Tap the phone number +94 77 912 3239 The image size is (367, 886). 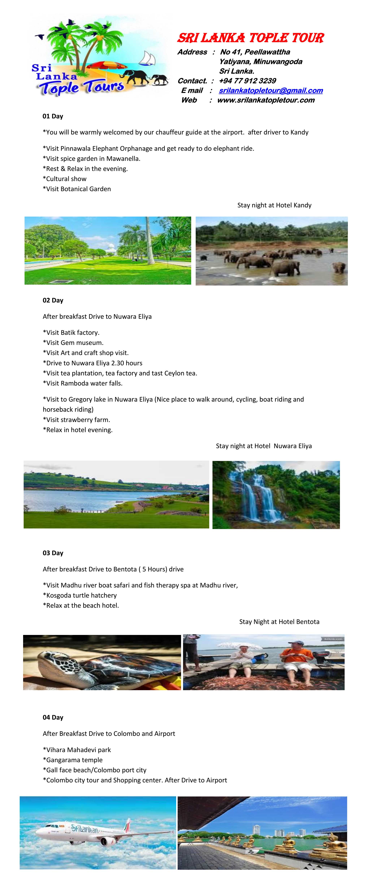coord(247,81)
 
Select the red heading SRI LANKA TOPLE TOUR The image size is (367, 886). coord(250,38)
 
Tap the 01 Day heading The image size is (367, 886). coord(53,116)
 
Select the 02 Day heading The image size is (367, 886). coord(53,300)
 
